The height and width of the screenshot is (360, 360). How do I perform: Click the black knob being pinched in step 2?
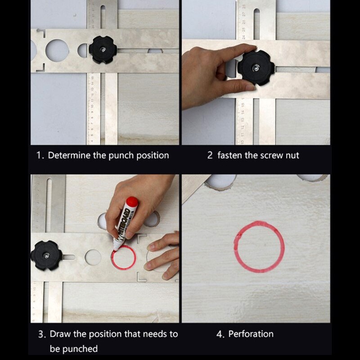pos(256,68)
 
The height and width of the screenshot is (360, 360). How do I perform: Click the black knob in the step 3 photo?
pos(46,255)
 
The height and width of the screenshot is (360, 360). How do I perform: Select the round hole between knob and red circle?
pos(93,257)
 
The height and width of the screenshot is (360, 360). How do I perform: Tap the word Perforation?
pos(251,334)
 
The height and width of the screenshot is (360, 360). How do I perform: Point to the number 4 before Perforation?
pos(219,334)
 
